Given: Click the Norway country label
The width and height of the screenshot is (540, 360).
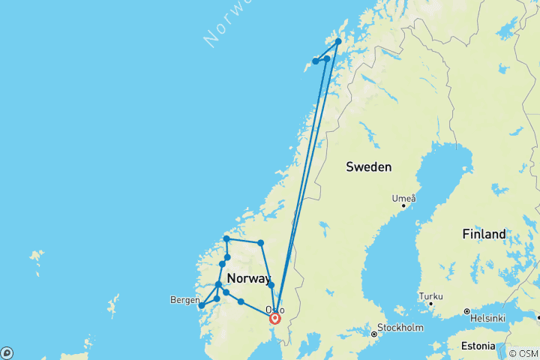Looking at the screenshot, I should click(x=248, y=278).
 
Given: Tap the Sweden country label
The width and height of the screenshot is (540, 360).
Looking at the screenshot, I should click(x=369, y=166).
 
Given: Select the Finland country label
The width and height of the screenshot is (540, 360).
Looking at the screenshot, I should click(x=484, y=234).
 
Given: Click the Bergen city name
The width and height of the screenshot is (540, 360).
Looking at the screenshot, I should click(x=184, y=300).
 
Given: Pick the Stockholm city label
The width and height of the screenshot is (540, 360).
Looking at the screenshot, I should click(x=401, y=328).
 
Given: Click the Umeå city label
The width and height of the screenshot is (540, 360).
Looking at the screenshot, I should click(x=403, y=198).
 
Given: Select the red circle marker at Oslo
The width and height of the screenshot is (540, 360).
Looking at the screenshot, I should click(x=274, y=318).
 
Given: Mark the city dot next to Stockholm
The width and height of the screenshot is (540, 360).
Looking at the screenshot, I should click(x=374, y=334).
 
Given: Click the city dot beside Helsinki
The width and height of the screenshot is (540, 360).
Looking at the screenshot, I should click(x=466, y=311).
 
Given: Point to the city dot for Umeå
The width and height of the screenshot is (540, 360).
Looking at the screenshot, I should click(x=403, y=205).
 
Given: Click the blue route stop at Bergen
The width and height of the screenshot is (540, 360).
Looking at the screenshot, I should click(x=202, y=305).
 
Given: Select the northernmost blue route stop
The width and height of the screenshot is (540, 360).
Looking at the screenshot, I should click(x=338, y=41).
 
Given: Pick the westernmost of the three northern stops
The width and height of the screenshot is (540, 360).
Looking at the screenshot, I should click(x=316, y=61).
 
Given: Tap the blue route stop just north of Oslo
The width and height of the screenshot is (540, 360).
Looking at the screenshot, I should click(x=271, y=285).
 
